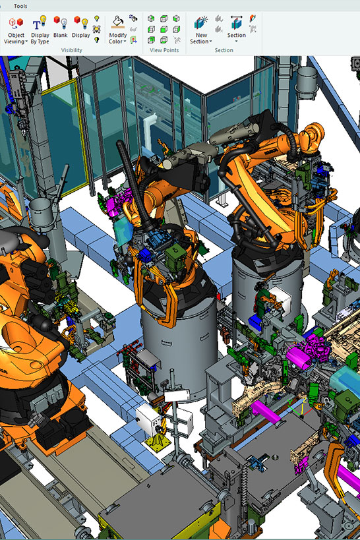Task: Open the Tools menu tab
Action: point(20,6)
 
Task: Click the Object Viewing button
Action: point(16,30)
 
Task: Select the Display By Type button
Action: point(40,30)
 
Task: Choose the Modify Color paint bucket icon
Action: point(118,22)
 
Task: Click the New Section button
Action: point(201,30)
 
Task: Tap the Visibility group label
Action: point(72,50)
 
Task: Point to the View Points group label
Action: point(164,50)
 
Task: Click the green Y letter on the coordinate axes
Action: point(290,402)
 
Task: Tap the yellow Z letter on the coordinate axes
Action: point(305,400)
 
